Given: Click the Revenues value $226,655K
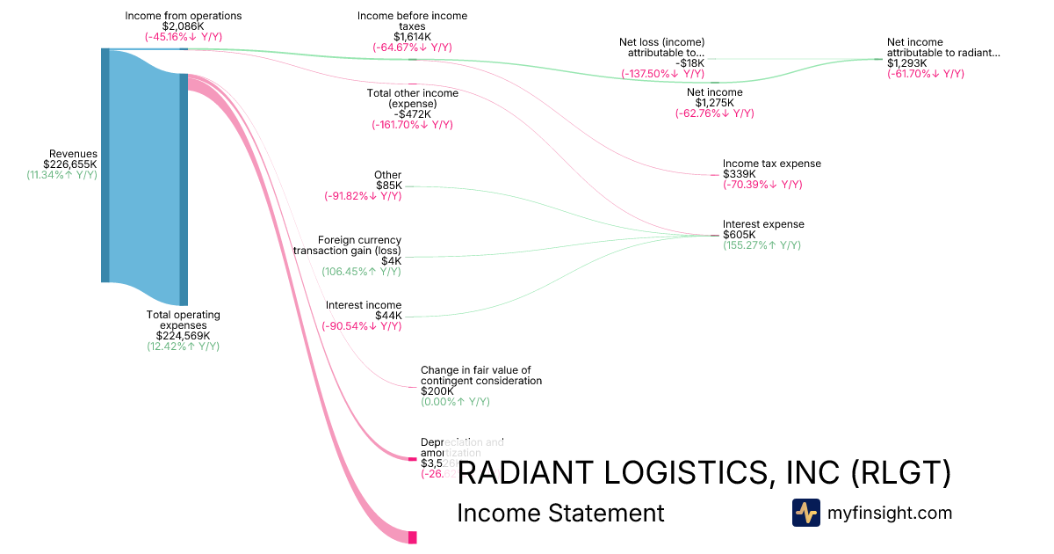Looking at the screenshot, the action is pyautogui.click(x=70, y=164).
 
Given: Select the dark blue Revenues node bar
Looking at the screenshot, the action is pyautogui.click(x=105, y=165).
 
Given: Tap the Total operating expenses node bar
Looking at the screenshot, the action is pyautogui.click(x=184, y=189).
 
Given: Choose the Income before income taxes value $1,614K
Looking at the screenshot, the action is pyautogui.click(x=412, y=37).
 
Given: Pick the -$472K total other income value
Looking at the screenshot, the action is pyautogui.click(x=412, y=114).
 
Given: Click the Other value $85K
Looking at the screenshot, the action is pyautogui.click(x=388, y=186).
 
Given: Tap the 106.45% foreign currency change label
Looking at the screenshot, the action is pyautogui.click(x=361, y=272).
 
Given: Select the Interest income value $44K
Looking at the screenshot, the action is pyautogui.click(x=387, y=316).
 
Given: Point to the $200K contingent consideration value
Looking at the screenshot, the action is pyautogui.click(x=437, y=391).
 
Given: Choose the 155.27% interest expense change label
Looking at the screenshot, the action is pyautogui.click(x=762, y=245).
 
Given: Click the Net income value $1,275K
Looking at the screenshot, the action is pyautogui.click(x=714, y=103).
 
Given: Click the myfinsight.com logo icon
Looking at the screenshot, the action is pyautogui.click(x=805, y=513).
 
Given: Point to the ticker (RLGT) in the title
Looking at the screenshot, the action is pyautogui.click(x=901, y=473).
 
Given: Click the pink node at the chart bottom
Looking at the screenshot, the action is pyautogui.click(x=412, y=536).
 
